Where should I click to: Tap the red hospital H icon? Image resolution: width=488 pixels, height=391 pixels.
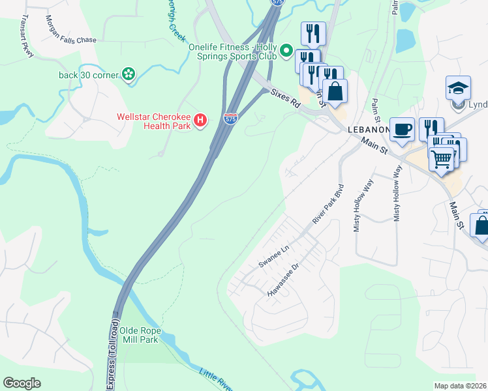(201, 120)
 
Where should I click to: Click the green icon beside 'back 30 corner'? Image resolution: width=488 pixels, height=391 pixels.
(129, 75)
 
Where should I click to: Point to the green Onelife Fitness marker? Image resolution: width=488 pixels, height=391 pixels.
(286, 51)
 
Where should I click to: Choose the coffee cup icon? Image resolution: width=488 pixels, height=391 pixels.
(402, 129)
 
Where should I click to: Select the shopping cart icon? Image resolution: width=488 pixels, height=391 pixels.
(442, 157)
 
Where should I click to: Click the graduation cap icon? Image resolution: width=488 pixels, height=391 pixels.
(458, 87)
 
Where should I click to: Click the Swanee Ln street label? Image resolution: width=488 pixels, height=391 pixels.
(273, 256)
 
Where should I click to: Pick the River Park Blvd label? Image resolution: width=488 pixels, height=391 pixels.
(328, 208)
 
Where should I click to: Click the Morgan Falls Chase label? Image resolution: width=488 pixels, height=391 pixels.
(70, 40)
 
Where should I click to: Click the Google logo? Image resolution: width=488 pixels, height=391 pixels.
(22, 383)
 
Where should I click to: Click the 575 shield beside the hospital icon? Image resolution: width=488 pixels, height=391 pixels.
(230, 119)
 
